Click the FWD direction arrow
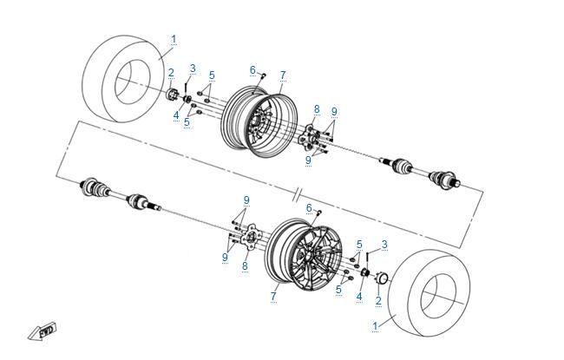[40, 331]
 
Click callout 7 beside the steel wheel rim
[283, 75]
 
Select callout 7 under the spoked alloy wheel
[273, 296]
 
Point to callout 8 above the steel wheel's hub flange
[317, 109]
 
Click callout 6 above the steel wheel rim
[252, 69]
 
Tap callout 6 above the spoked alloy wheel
[308, 207]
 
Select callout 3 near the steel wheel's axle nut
[193, 68]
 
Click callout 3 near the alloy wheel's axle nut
[384, 244]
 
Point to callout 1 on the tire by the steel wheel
[174, 39]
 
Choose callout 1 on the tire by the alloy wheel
[375, 325]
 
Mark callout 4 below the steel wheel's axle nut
[175, 115]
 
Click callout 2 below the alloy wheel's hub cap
[378, 300]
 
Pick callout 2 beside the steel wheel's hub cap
[171, 73]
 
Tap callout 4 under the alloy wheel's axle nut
[359, 296]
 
